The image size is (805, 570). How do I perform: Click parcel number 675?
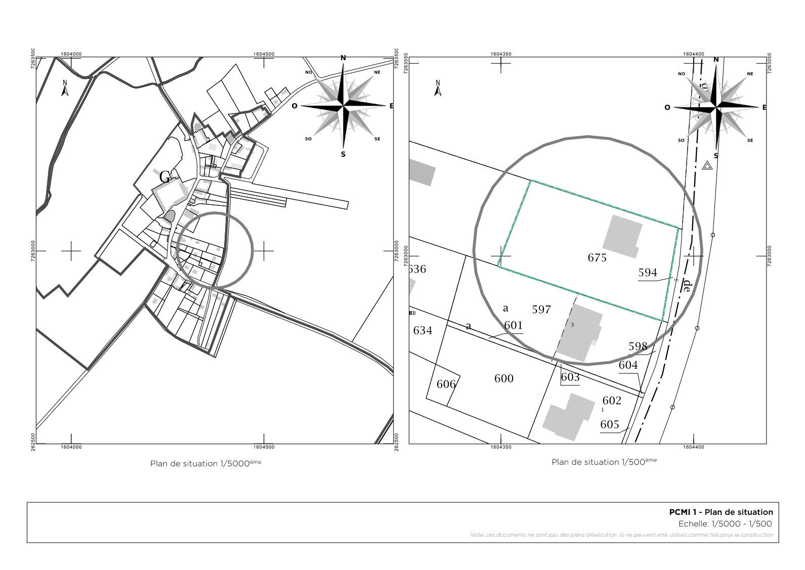[x=597, y=258]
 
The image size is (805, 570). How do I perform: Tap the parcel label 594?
[x=648, y=273]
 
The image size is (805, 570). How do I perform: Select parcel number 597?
[x=541, y=310]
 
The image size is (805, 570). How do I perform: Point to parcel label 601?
[x=513, y=325]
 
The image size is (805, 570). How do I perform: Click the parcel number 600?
[x=504, y=379]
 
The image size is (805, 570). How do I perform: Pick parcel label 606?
[x=446, y=384]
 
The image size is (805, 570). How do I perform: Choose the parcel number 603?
[x=570, y=377]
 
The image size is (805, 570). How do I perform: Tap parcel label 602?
[x=612, y=401]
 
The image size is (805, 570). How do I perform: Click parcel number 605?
[x=610, y=424]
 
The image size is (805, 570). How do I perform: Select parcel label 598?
[x=638, y=346]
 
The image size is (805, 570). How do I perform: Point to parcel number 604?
[x=628, y=365]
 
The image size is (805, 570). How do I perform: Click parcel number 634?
[x=423, y=331]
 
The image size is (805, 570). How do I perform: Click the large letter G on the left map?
[x=165, y=178]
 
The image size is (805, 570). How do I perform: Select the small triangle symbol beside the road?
[x=707, y=165]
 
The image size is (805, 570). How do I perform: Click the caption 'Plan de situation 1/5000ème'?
[x=206, y=463]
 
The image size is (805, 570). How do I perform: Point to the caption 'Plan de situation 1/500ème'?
[x=604, y=462]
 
